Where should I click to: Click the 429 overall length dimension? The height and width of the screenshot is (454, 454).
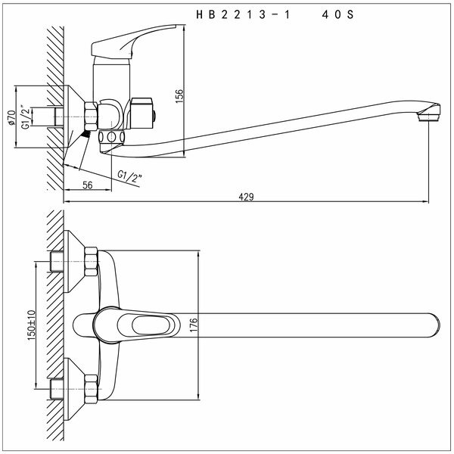coord(246,197)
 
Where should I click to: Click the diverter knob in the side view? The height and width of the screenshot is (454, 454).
coord(144,111)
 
